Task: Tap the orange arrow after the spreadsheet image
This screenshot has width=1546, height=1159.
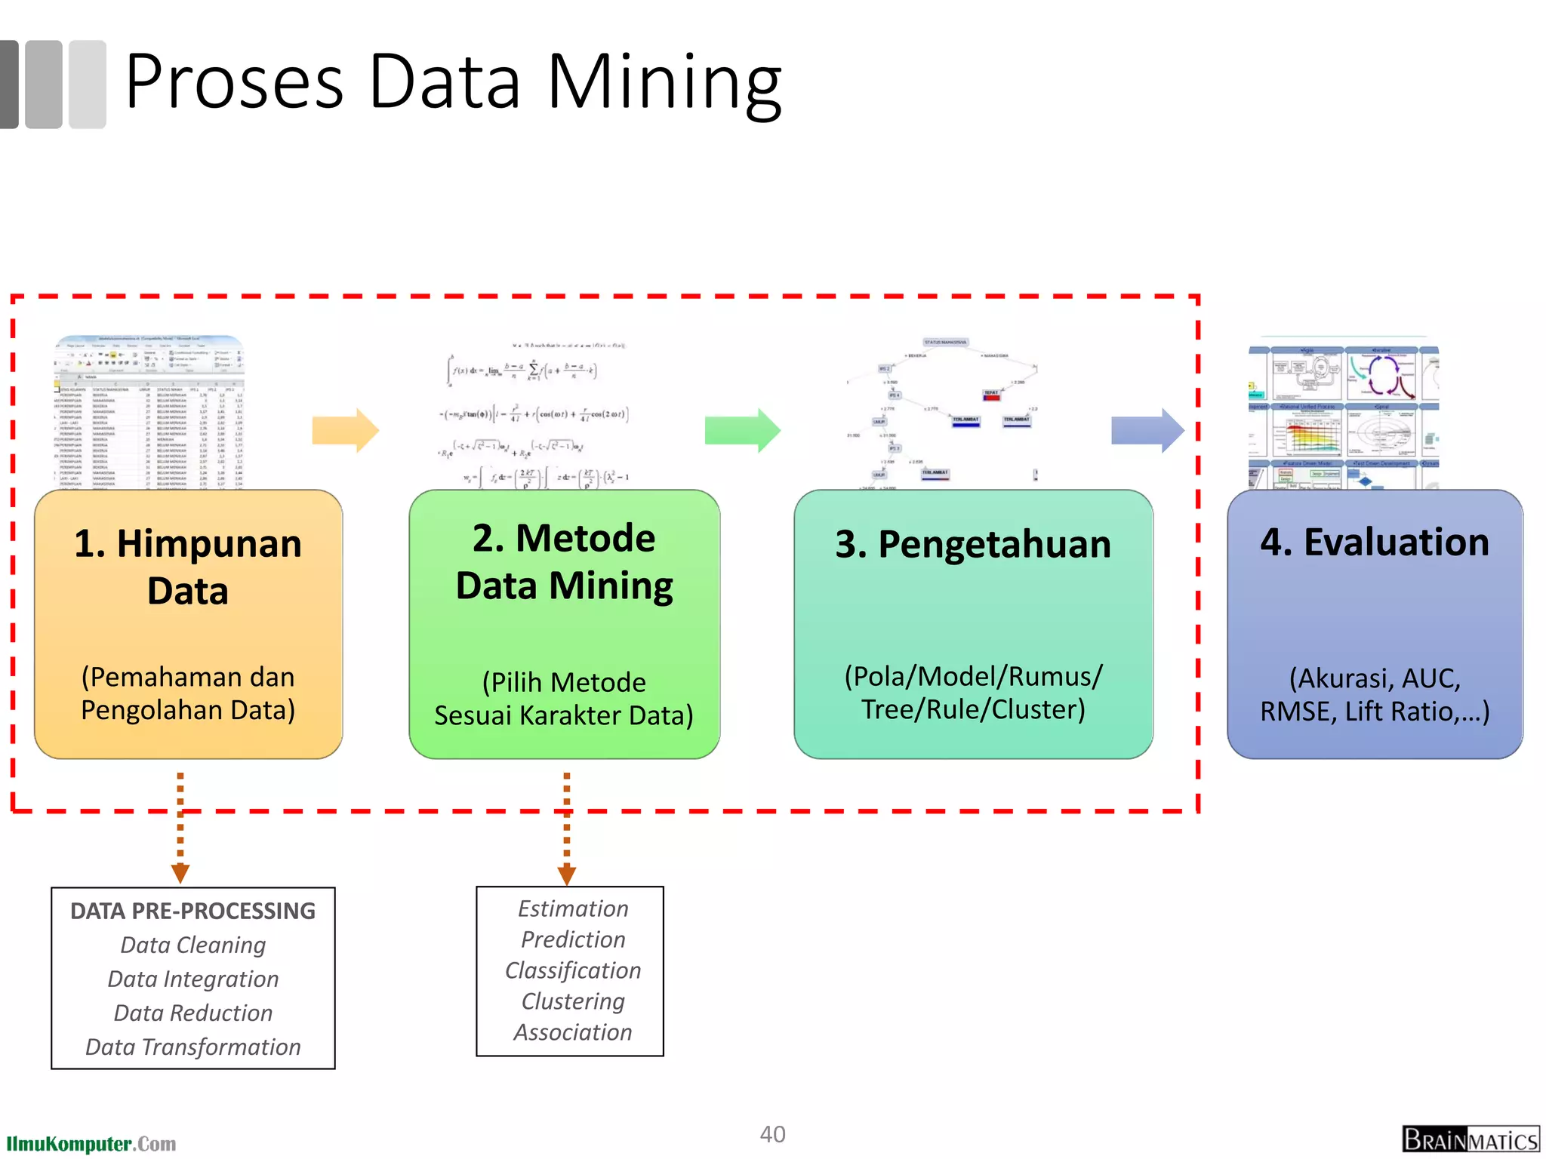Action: point(345,430)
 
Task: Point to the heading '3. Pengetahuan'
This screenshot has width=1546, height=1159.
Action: point(973,544)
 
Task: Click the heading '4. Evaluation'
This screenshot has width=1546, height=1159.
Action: point(1375,543)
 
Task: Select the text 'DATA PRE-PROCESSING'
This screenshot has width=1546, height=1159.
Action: point(193,911)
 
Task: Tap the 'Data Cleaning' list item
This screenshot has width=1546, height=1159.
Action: point(193,945)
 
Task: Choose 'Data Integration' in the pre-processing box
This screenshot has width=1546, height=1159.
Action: point(193,979)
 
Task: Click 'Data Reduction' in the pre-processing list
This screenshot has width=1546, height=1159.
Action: point(193,1013)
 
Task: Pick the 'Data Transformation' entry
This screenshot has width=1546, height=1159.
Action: point(193,1047)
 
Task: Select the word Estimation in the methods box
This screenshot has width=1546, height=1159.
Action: point(573,908)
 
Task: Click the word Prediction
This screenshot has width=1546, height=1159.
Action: point(573,939)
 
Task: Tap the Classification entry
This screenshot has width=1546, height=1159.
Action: point(573,970)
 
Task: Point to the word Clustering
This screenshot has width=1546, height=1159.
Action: point(573,1001)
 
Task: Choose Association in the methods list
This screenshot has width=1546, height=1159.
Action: point(573,1032)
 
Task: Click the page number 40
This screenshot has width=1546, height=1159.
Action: point(772,1134)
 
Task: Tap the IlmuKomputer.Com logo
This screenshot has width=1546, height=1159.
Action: point(91,1144)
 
